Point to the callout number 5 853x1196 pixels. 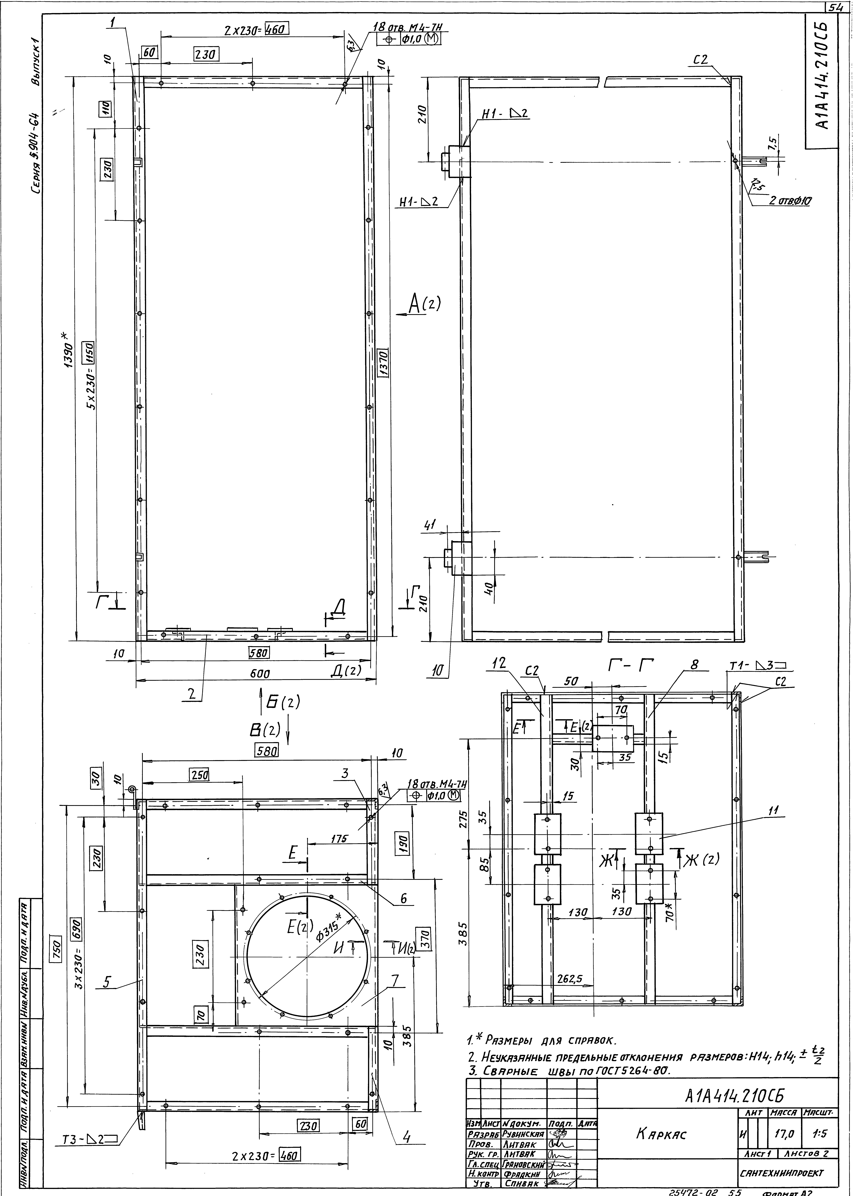[x=107, y=982]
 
